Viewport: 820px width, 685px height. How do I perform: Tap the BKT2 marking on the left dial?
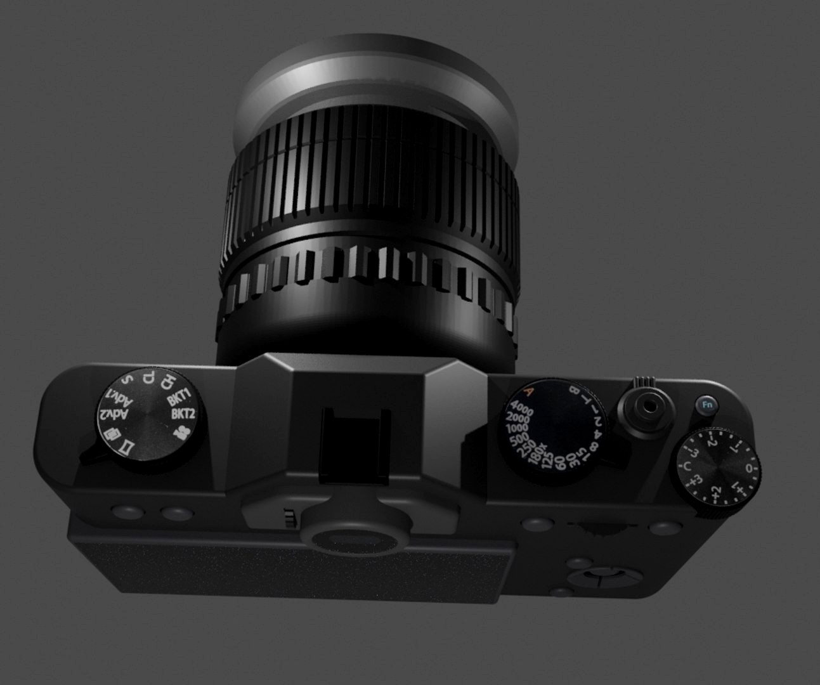point(182,415)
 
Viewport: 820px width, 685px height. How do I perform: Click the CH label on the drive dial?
point(167,382)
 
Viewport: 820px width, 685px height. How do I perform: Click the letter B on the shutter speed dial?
point(575,389)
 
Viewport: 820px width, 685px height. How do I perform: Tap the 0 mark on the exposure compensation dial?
point(750,469)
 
